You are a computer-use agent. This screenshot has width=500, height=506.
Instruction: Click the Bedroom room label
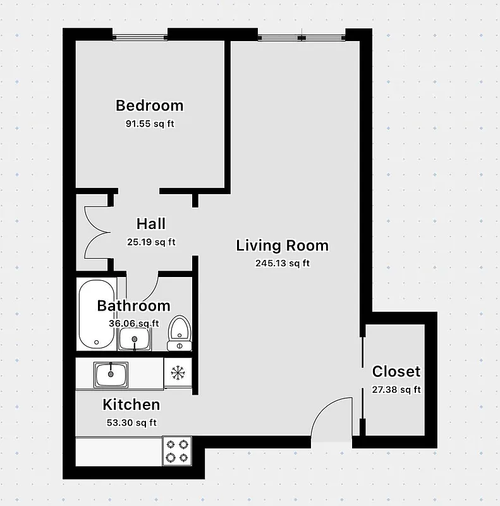150,106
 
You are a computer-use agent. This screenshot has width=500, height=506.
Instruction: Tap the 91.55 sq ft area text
150,124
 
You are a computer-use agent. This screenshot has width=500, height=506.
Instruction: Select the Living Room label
283,245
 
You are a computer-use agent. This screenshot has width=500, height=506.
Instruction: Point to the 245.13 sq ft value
283,264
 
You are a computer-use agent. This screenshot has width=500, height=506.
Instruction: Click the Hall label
151,223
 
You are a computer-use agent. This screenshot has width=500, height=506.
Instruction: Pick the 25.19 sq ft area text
151,242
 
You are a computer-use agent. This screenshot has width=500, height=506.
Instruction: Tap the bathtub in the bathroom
96,314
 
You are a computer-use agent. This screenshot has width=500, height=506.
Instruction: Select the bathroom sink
135,340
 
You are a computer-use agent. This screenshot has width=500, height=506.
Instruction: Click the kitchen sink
111,374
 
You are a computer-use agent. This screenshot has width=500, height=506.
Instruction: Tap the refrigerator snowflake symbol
178,373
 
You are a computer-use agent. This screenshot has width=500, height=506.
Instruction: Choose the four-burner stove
176,450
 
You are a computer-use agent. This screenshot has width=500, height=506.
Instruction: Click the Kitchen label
131,405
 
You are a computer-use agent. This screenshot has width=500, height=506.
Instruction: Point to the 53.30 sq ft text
131,423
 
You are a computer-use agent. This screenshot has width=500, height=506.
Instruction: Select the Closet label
396,371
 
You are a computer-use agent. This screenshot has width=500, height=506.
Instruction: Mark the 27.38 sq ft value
396,390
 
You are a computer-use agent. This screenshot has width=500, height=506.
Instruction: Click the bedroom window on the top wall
140,35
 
